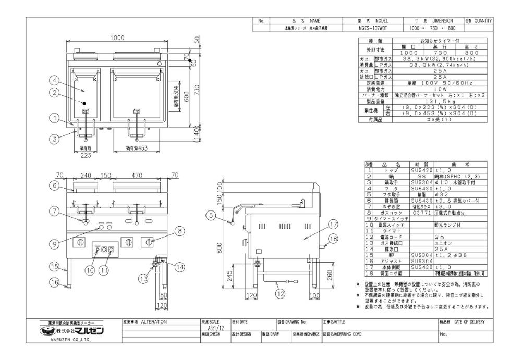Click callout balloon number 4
tap(54, 80)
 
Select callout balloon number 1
tap(54, 118)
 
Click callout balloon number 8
tap(178, 229)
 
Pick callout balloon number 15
tap(54, 266)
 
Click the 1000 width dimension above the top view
tap(117, 38)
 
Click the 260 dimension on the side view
tap(330, 274)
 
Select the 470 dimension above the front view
tap(138, 176)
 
